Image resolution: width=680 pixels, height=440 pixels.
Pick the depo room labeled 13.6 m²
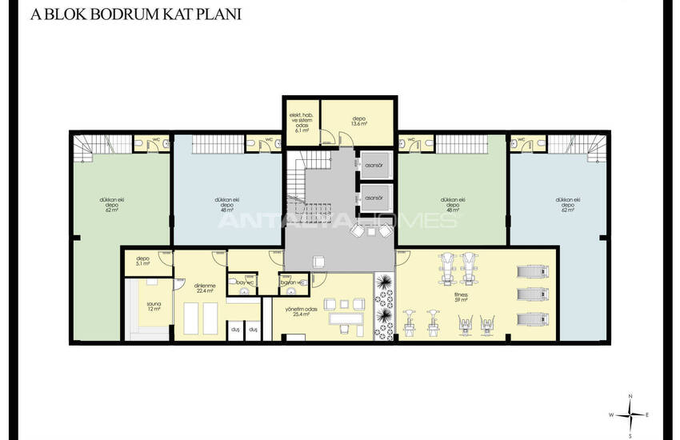tap(358, 122)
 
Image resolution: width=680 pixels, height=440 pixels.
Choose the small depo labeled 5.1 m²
tap(143, 260)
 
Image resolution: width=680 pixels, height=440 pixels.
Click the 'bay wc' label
tap(244, 282)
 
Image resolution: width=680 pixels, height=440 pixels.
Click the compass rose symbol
tap(631, 414)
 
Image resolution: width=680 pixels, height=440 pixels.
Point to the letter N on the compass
tap(631, 398)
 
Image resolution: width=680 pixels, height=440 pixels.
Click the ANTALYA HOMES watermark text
tap(339, 220)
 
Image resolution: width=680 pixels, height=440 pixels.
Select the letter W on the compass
tap(611, 415)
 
